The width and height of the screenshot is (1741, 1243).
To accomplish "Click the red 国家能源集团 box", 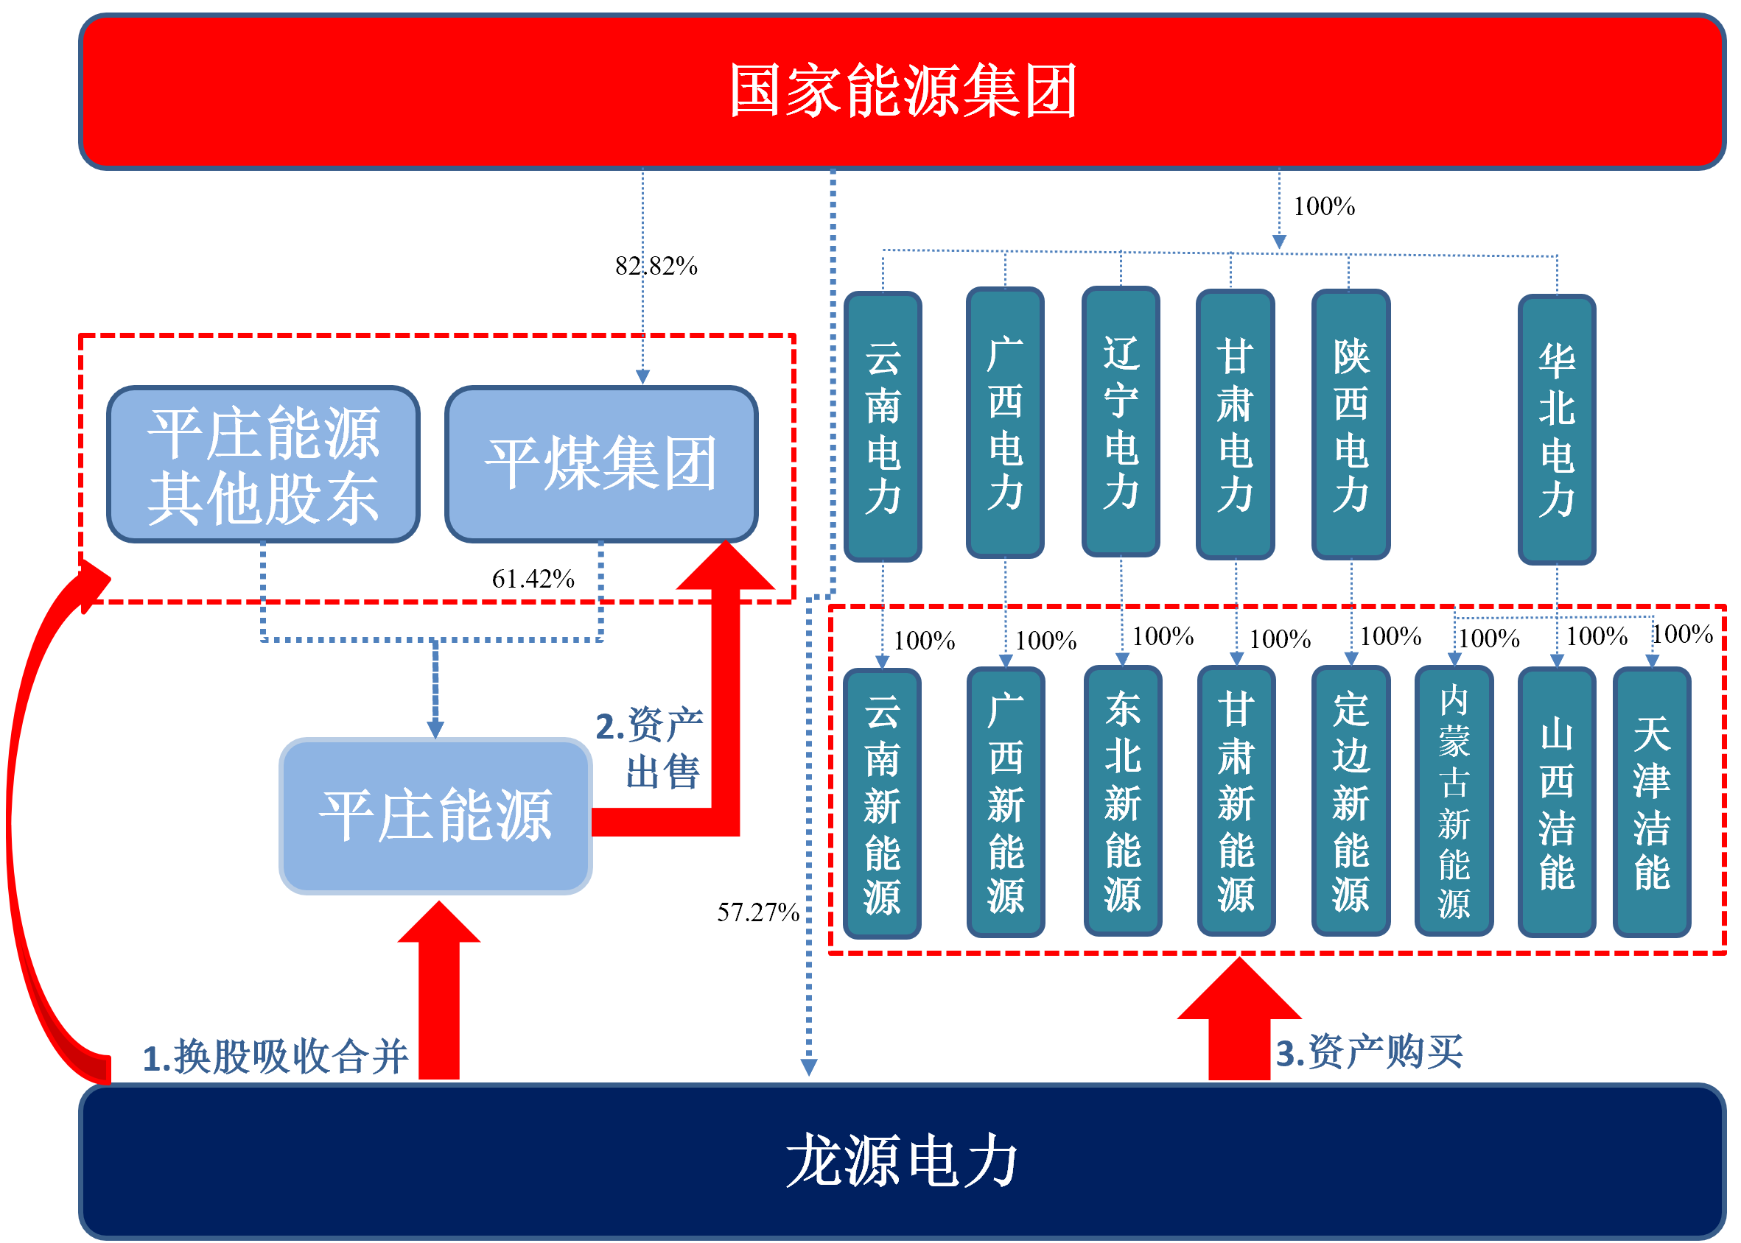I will (x=902, y=91).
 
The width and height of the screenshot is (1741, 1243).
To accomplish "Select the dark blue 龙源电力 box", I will (x=902, y=1161).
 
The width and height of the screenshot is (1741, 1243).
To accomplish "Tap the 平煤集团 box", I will (x=601, y=464).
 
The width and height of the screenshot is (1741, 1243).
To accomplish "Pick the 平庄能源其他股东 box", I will (x=263, y=464).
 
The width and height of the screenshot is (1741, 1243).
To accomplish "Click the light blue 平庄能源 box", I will (x=435, y=816).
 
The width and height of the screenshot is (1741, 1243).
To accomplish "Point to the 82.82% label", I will (x=656, y=267).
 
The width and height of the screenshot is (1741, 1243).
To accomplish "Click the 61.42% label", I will (x=533, y=579).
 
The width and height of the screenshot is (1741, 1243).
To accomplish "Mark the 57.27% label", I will (x=758, y=912).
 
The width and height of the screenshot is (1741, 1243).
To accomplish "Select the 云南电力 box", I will (x=883, y=426).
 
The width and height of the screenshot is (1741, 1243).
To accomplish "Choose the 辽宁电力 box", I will (x=1121, y=422).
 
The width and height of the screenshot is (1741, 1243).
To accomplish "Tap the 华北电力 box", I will (x=1557, y=429).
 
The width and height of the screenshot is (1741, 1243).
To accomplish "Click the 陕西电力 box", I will (x=1351, y=425).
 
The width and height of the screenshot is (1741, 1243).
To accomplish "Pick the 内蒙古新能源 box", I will (x=1454, y=801).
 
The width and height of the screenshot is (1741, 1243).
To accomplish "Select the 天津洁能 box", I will (x=1651, y=802).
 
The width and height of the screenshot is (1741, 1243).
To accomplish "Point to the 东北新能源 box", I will (x=1122, y=801).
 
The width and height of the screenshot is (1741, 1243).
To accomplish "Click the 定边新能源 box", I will (x=1351, y=801).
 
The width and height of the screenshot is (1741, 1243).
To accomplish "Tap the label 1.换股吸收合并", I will (x=276, y=1057).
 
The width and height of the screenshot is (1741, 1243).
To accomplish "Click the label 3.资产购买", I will (x=1369, y=1052).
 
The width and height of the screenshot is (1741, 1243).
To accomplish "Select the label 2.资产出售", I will (x=651, y=748).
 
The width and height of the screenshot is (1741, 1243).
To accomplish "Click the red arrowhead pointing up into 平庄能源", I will (x=439, y=927).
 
